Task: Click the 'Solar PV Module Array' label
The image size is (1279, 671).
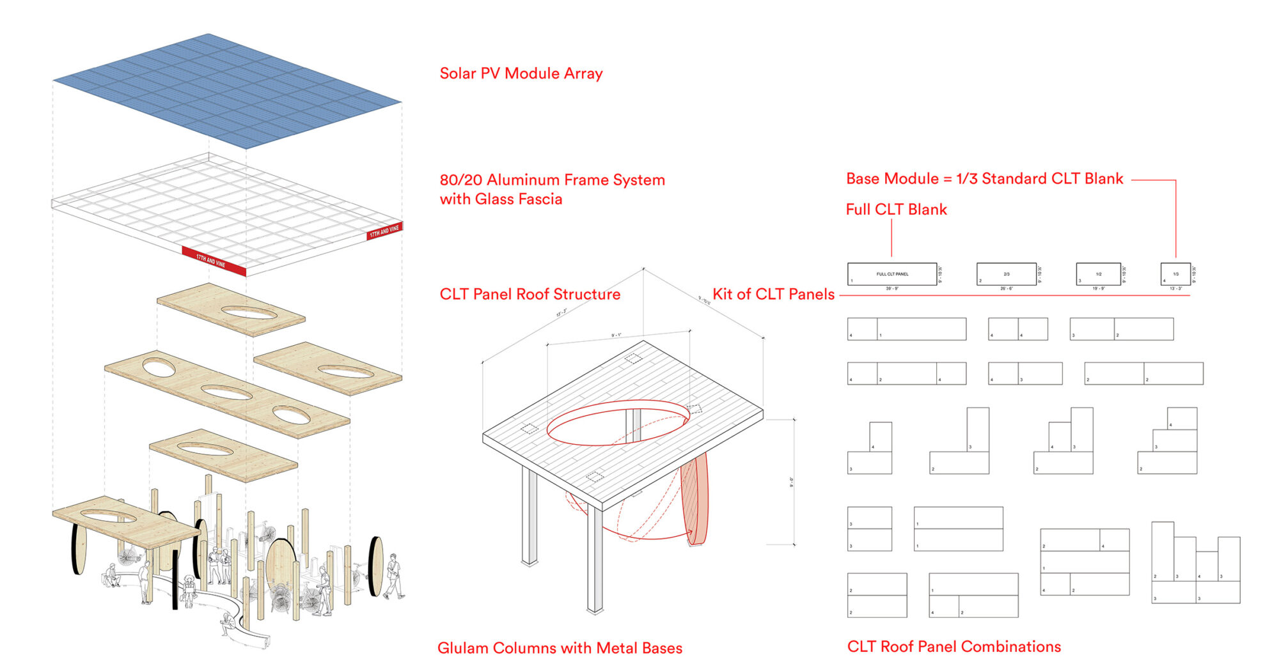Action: (521, 73)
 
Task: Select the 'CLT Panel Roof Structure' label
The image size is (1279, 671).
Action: (530, 294)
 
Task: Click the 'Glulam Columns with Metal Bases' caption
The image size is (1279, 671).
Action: (560, 648)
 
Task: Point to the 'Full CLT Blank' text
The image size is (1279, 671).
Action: (896, 210)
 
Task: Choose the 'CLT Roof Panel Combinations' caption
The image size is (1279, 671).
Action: (953, 647)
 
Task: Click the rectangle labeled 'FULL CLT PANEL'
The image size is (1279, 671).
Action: (892, 274)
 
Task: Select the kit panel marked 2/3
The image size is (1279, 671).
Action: (1006, 274)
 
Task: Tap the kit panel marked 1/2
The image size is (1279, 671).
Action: (1098, 274)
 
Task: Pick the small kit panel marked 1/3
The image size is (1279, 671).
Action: (1175, 274)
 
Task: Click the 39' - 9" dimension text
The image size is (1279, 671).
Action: (892, 289)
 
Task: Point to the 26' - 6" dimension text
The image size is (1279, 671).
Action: (1006, 289)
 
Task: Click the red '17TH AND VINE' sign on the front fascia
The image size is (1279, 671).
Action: (213, 261)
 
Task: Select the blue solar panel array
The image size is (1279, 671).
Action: (227, 89)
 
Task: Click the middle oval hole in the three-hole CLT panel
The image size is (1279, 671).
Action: (226, 392)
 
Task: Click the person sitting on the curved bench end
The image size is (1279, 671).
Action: (227, 623)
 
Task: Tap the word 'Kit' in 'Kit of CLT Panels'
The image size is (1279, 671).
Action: (722, 294)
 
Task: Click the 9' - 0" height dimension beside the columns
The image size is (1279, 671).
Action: (791, 482)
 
